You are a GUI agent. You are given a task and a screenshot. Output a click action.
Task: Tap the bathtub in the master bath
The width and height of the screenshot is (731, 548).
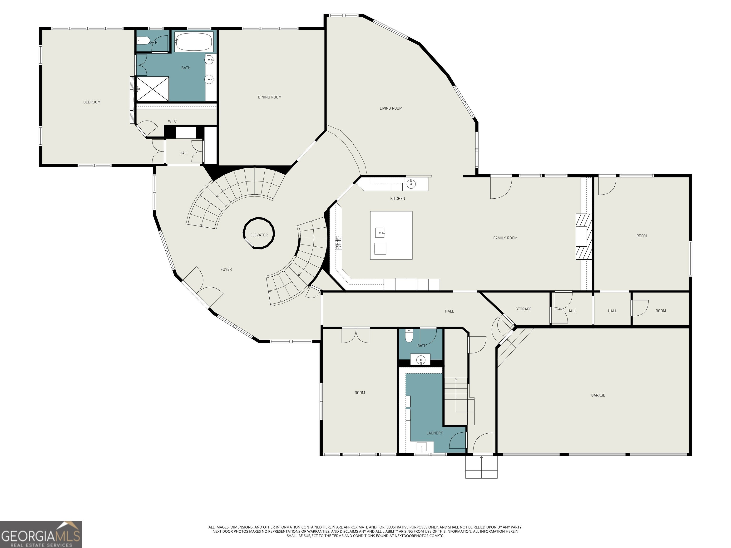194,42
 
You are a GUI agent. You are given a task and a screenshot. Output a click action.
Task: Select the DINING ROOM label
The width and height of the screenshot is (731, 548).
270,97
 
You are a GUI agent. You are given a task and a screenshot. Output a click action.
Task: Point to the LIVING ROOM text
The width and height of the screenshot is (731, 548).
391,108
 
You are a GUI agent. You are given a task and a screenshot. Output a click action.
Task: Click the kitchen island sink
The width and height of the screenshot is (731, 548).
380,233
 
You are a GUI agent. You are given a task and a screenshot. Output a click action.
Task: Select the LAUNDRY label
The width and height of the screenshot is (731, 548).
434,433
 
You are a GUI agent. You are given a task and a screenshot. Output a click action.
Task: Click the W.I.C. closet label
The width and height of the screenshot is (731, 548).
173,122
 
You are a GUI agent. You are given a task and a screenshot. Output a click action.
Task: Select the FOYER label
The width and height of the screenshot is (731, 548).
226,269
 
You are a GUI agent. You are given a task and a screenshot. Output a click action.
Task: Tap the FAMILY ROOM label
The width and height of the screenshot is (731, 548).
505,238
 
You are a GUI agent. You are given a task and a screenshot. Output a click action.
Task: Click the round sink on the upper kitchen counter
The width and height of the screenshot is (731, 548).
411,184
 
